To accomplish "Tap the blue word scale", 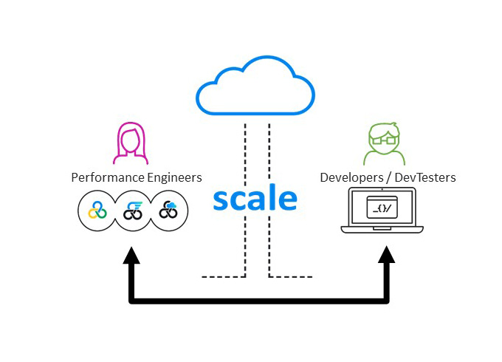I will (x=255, y=199).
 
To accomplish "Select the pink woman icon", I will (x=131, y=143).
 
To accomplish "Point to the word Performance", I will (x=106, y=178).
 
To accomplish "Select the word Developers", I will (x=351, y=178).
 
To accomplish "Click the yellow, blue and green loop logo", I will (x=97, y=211).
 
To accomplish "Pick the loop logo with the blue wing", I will (x=133, y=211).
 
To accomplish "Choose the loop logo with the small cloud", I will (x=169, y=211).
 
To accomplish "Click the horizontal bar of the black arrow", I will (x=258, y=300).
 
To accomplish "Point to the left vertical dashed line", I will (x=245, y=199).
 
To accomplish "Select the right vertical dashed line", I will (x=269, y=199).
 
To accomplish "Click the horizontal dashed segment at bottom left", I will (x=222, y=277).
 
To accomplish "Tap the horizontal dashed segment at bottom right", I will (x=291, y=277).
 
